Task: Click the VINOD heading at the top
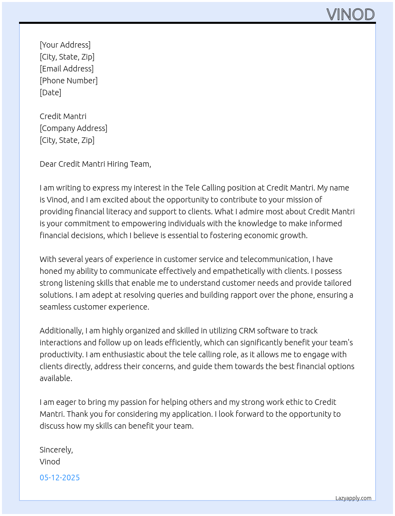coord(351,15)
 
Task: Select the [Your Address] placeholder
coord(65,45)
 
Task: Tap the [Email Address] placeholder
coord(67,69)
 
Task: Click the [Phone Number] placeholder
coord(69,81)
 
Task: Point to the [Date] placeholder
coord(50,92)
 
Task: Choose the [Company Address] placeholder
coord(73,128)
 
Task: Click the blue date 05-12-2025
coord(59,477)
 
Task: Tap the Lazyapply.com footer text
coord(353,498)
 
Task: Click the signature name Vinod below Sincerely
coord(50,462)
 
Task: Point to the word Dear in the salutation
coord(48,164)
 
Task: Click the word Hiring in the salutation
coord(117,164)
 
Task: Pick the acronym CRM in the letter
coord(247,331)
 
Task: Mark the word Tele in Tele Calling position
coord(192,188)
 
